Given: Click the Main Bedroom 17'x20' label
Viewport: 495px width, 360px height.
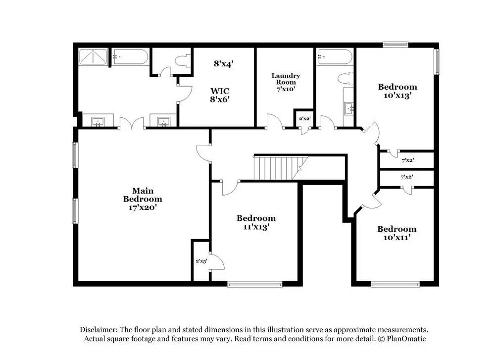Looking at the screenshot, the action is click(x=143, y=199).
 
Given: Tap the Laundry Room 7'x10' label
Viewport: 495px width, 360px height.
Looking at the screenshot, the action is click(x=286, y=82).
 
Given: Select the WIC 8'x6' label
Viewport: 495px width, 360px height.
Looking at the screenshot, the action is click(x=220, y=95).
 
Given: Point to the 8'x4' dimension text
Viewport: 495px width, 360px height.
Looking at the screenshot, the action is click(x=224, y=63).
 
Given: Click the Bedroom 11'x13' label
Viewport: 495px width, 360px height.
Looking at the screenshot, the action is click(x=256, y=222).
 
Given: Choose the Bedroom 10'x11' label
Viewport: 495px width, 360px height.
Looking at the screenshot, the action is click(x=397, y=233).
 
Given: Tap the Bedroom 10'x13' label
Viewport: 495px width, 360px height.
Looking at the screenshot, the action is click(x=397, y=91).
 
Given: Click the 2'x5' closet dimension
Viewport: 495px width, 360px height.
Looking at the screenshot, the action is click(x=201, y=261).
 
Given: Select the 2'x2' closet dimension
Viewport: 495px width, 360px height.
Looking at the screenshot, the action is click(x=304, y=118).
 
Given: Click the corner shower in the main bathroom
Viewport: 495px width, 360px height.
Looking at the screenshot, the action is click(x=93, y=57).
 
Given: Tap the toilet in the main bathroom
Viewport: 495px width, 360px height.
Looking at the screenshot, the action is click(x=183, y=61).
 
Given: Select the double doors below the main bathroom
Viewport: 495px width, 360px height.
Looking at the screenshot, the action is click(x=132, y=123).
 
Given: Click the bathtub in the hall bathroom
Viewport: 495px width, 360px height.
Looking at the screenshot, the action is click(x=335, y=57).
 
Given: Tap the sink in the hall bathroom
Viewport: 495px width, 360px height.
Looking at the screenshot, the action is click(x=349, y=108).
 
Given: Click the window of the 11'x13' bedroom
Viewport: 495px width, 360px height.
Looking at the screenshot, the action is click(x=255, y=285).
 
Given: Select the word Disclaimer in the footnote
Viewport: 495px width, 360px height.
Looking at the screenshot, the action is click(x=99, y=330).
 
